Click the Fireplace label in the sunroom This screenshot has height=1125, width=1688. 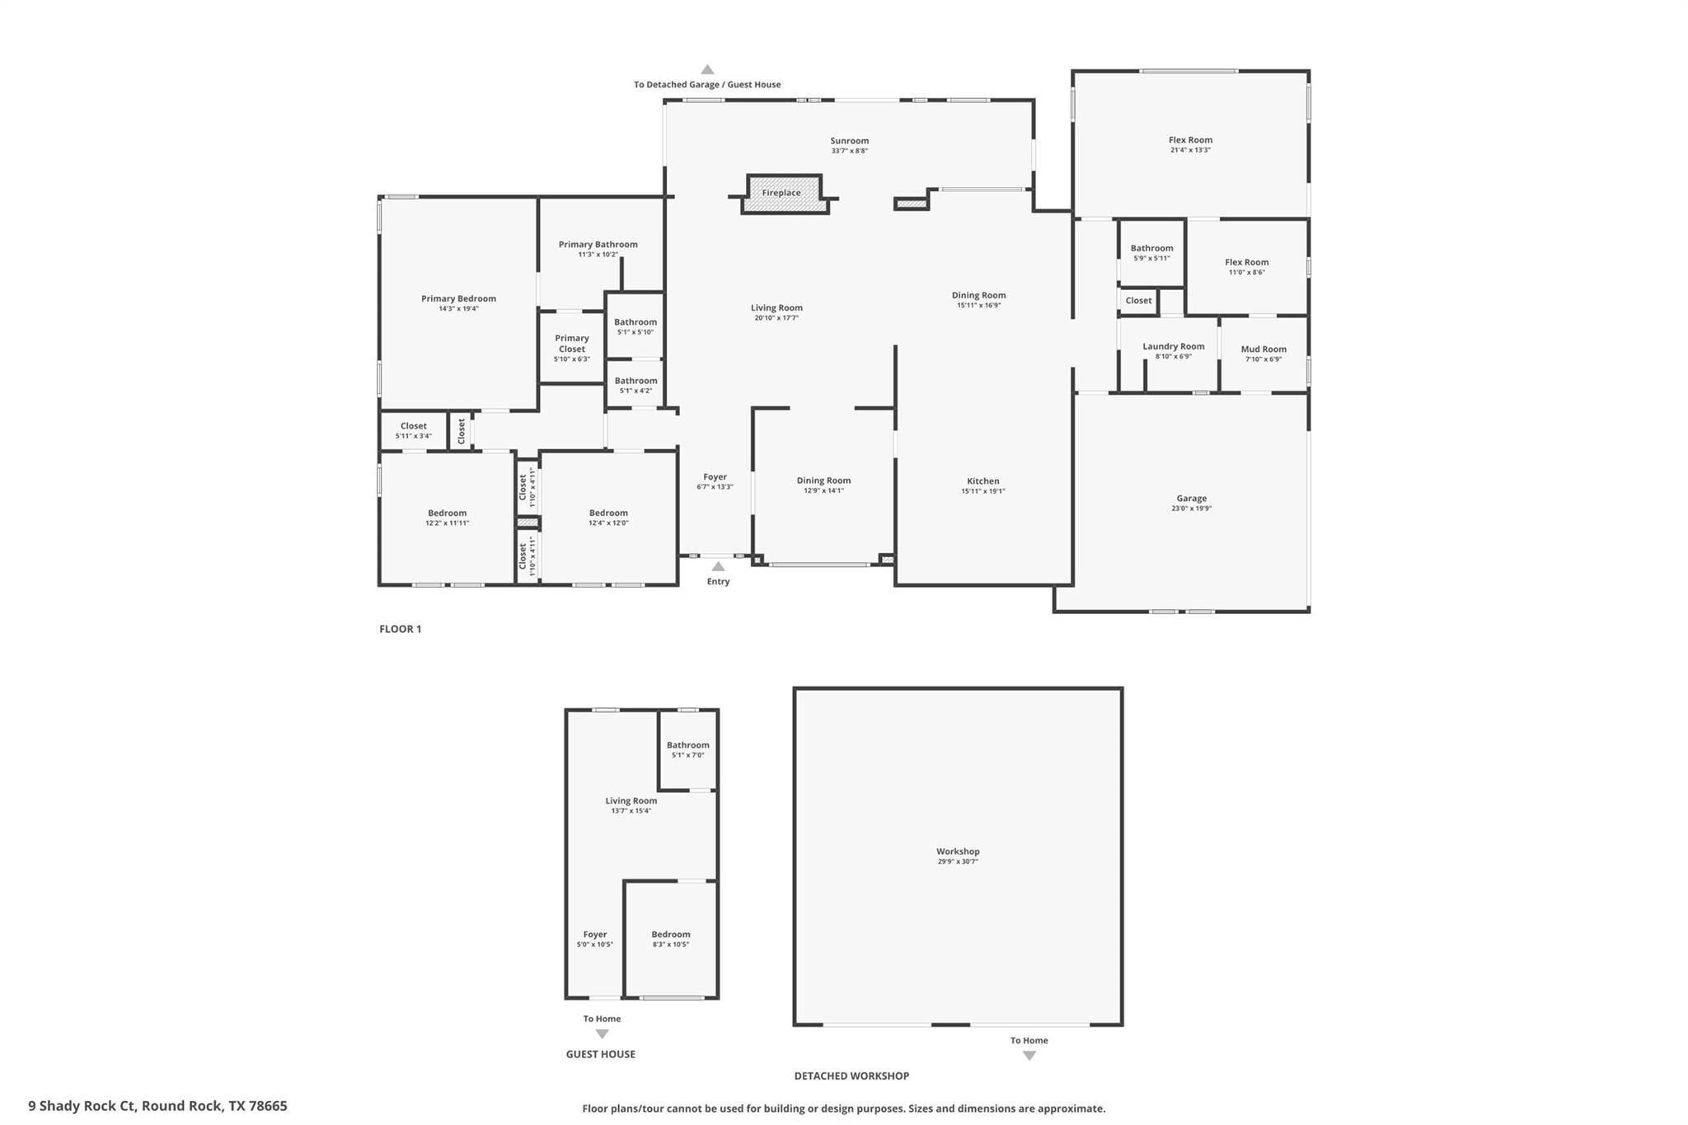(781, 193)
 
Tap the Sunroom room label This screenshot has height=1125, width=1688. (849, 141)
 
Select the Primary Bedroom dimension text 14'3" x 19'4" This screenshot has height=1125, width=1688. (458, 309)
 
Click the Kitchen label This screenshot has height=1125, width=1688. (982, 481)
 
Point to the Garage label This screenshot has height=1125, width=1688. (1191, 499)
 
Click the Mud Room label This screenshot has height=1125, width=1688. (1263, 349)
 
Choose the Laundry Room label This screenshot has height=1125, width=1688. (1173, 347)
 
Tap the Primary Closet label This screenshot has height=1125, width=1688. (571, 344)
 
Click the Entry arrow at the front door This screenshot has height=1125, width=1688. (718, 566)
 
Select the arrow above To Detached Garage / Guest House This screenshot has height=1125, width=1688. (707, 70)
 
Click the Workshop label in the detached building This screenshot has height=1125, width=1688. (957, 851)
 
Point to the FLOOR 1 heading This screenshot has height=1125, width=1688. (400, 629)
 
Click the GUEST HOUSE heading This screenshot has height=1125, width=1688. (600, 1054)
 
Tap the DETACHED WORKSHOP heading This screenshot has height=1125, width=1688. (851, 1076)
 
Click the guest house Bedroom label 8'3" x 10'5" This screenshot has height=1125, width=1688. (670, 935)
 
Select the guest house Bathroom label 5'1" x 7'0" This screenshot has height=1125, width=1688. (687, 745)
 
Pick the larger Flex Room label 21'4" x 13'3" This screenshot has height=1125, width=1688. (1190, 140)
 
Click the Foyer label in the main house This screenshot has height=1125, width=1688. (715, 477)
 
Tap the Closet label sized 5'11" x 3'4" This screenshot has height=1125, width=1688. (413, 426)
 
